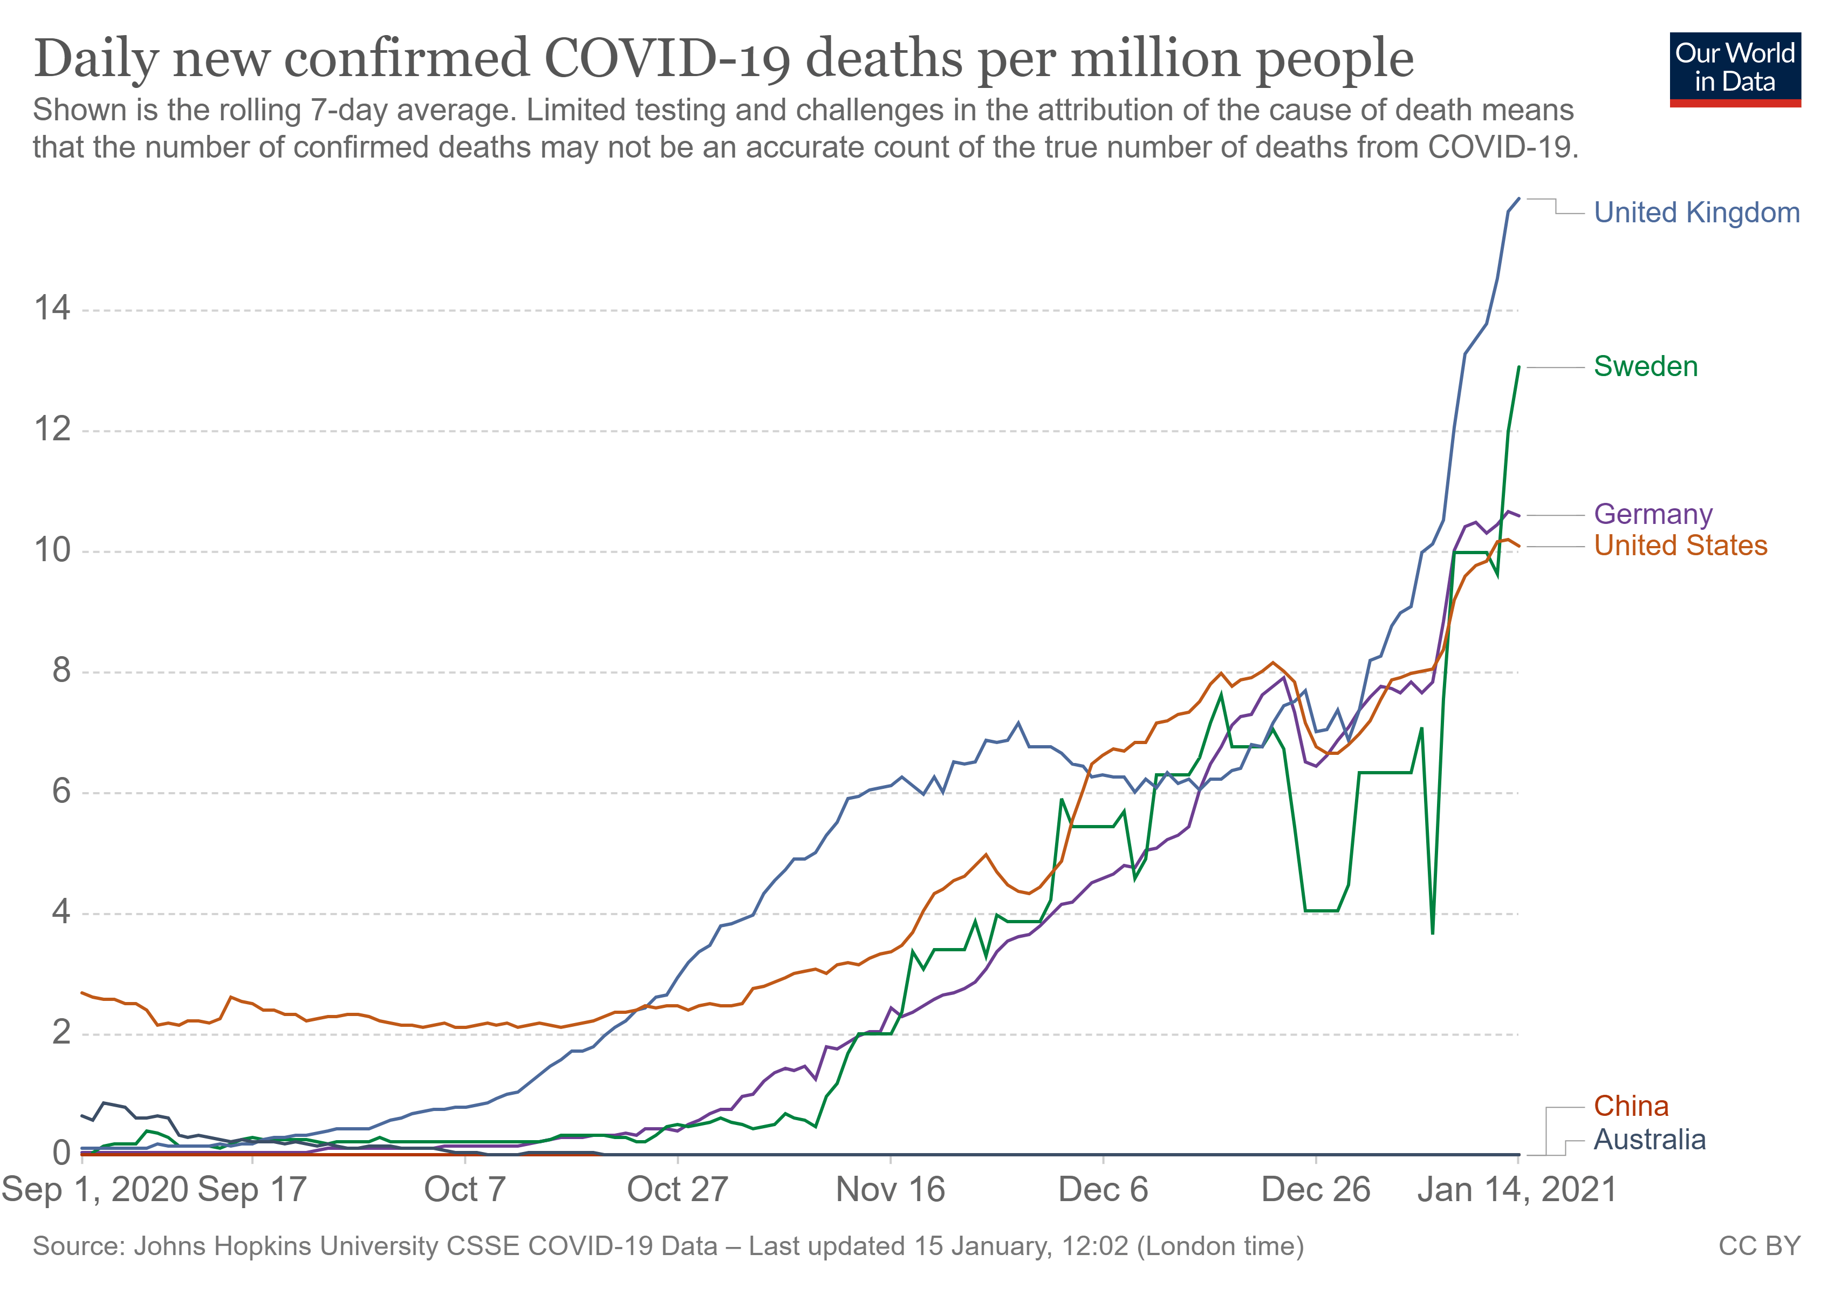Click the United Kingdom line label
(x=1696, y=213)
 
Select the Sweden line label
(x=1646, y=367)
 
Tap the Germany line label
(x=1653, y=514)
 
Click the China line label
(x=1631, y=1107)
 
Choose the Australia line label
(x=1650, y=1140)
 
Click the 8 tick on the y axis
(x=61, y=671)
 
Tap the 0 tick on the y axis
(x=61, y=1154)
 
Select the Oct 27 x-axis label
(x=678, y=1190)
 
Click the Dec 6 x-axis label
(x=1103, y=1190)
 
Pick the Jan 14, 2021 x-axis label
(x=1517, y=1190)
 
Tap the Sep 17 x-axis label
(x=252, y=1190)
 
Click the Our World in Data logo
(x=1734, y=69)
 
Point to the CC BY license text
(x=1760, y=1247)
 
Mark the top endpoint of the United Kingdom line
(x=1518, y=198)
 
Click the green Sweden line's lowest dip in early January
(x=1432, y=932)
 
